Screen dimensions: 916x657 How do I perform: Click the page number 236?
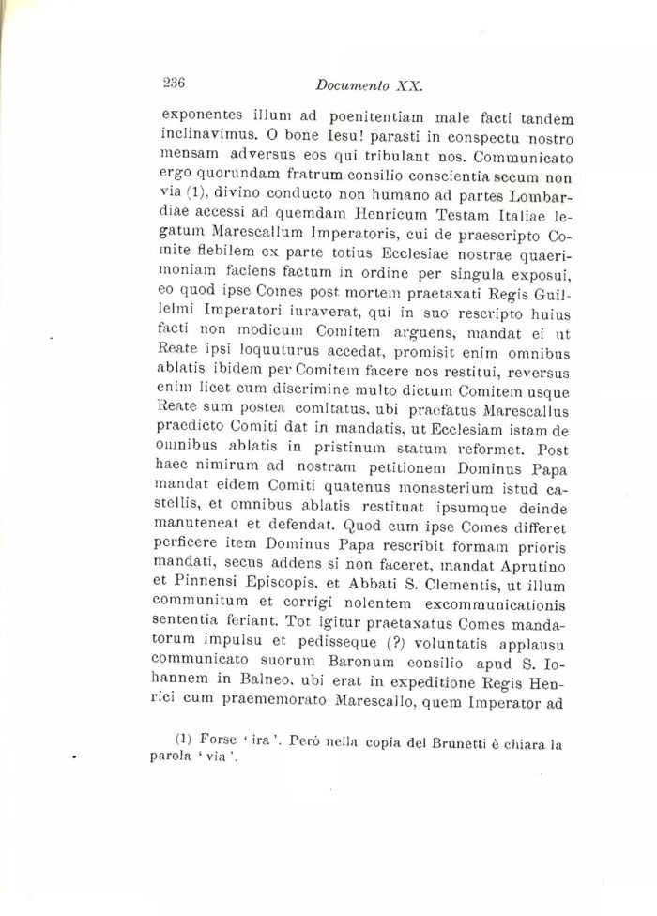click(x=174, y=82)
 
